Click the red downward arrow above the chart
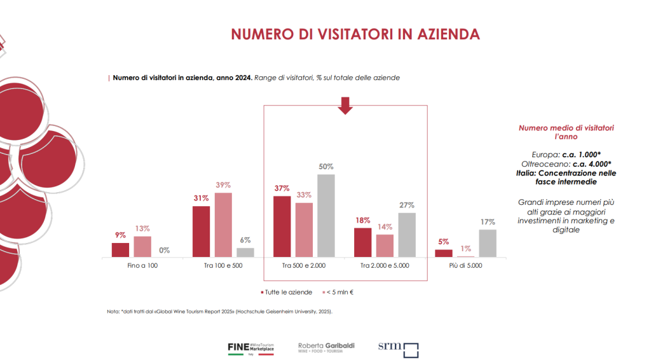[x=345, y=105]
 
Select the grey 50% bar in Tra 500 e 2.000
[x=326, y=216]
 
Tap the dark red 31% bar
[x=201, y=232]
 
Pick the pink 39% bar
[x=223, y=225]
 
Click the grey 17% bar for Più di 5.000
[x=488, y=243]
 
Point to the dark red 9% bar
[x=120, y=250]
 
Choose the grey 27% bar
[x=407, y=235]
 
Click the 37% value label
[x=282, y=189]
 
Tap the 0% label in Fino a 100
[x=165, y=250]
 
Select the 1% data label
[x=466, y=249]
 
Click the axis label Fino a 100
[x=142, y=265]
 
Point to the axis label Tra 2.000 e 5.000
[x=385, y=265]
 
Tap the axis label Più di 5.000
[x=466, y=265]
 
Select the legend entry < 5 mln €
[x=341, y=292]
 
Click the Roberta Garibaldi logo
[x=326, y=347]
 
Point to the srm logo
[x=398, y=348]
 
